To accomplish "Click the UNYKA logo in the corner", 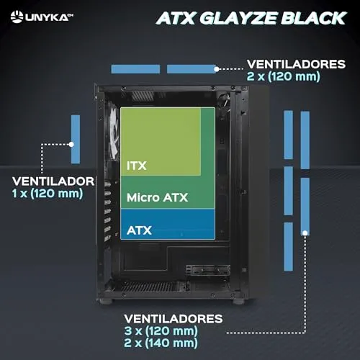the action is (42, 17).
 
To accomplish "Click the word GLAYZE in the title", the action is (238, 18).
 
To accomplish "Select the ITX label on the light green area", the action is (137, 166).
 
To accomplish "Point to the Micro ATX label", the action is (157, 197).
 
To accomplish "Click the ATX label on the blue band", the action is (139, 230).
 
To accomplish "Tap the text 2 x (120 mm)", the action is (284, 76).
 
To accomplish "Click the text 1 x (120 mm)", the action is (48, 193).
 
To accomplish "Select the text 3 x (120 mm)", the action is (161, 330).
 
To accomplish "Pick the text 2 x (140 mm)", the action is (161, 343).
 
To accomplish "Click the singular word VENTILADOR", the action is (53, 181).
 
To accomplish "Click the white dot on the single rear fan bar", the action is (71, 145).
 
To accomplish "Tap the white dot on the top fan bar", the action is (217, 69).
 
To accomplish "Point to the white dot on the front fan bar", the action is (305, 233).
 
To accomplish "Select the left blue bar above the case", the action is (135, 69).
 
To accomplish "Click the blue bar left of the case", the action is (76, 140).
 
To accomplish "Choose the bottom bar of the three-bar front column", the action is (289, 247).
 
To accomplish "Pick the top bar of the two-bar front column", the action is (305, 140).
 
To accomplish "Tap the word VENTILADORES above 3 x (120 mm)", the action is (174, 319).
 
